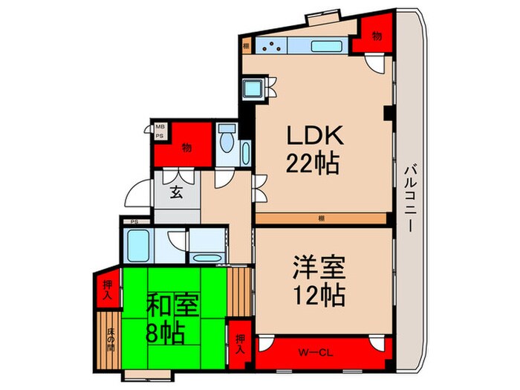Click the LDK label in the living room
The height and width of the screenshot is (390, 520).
314,136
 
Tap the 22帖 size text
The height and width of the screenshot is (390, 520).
315,162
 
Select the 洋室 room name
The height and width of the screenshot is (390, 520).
315,268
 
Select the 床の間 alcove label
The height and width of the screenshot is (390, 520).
109,337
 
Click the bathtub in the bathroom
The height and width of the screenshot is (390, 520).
139,243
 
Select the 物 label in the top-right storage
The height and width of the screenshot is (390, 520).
377,36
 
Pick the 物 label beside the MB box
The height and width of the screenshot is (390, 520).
186,147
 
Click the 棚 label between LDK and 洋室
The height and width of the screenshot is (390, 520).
319,218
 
